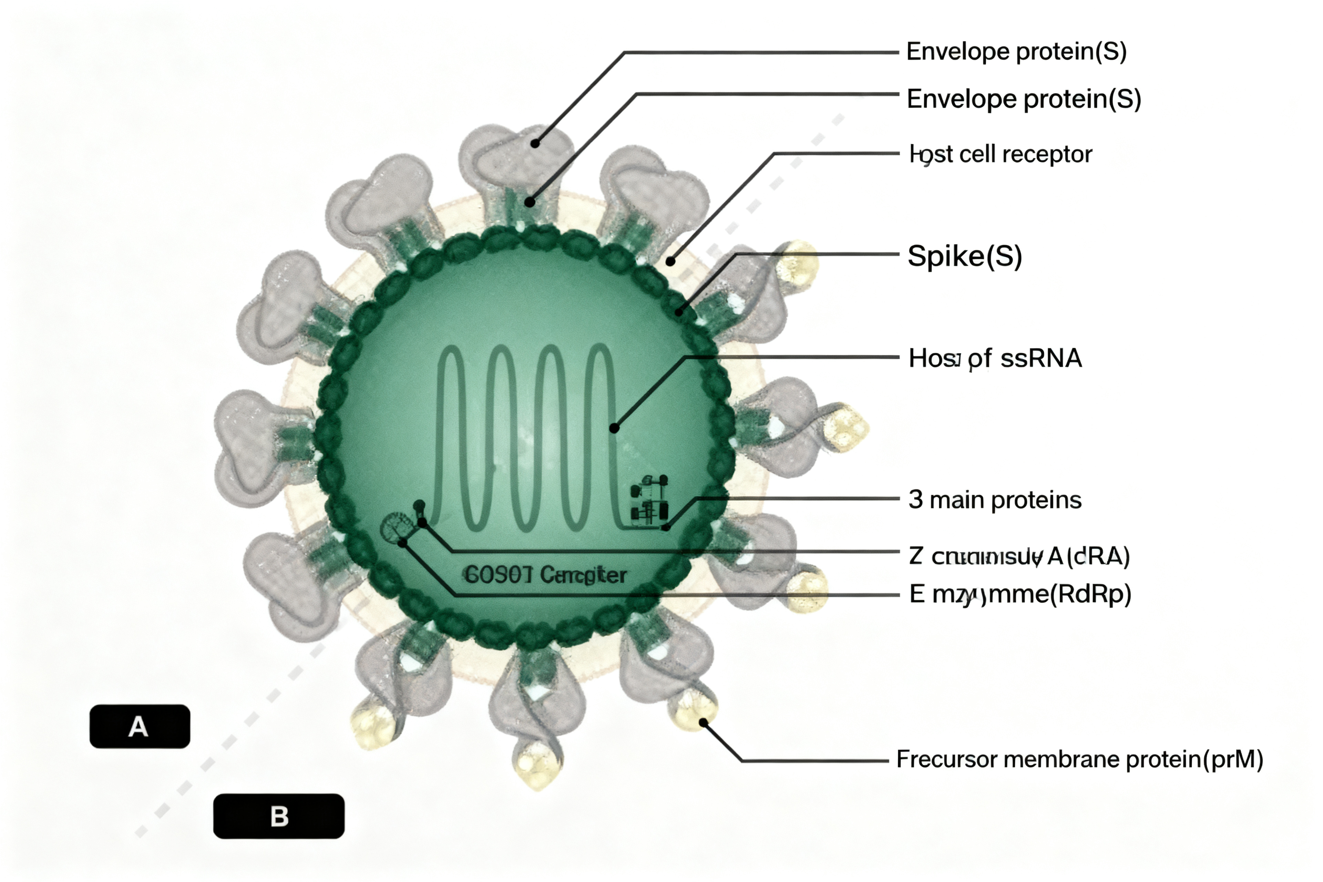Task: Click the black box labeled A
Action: click(x=140, y=726)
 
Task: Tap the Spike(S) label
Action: click(x=964, y=256)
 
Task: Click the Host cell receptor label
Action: click(x=1000, y=154)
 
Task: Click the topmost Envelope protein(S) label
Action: click(x=1016, y=52)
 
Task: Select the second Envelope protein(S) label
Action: click(x=1023, y=99)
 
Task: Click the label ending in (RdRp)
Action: click(x=1019, y=594)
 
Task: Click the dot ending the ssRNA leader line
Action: click(x=614, y=429)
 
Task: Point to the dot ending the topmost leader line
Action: click(x=535, y=143)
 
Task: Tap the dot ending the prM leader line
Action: click(x=703, y=722)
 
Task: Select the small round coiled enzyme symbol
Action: click(x=394, y=527)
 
